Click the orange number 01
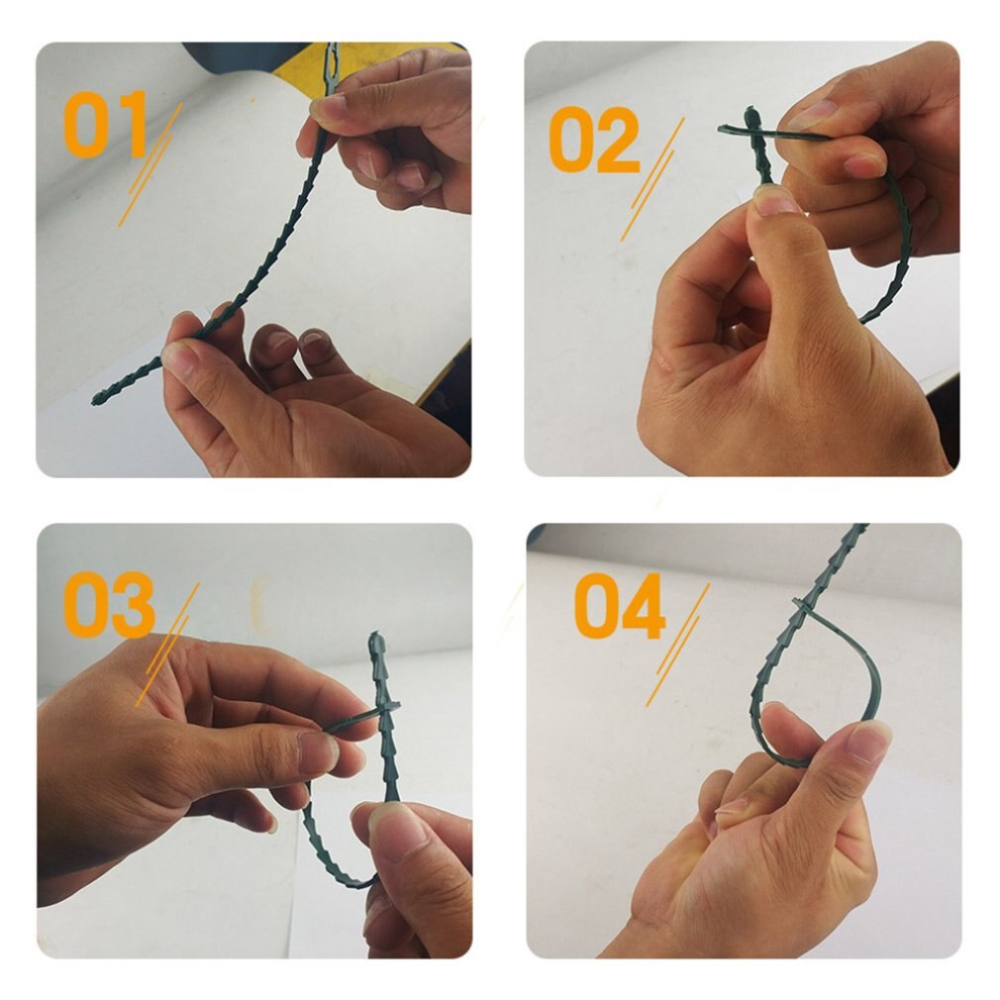(105, 125)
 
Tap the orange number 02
(594, 140)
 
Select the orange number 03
(109, 603)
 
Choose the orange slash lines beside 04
(677, 644)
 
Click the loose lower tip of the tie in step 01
(99, 399)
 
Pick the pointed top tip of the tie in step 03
(375, 640)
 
